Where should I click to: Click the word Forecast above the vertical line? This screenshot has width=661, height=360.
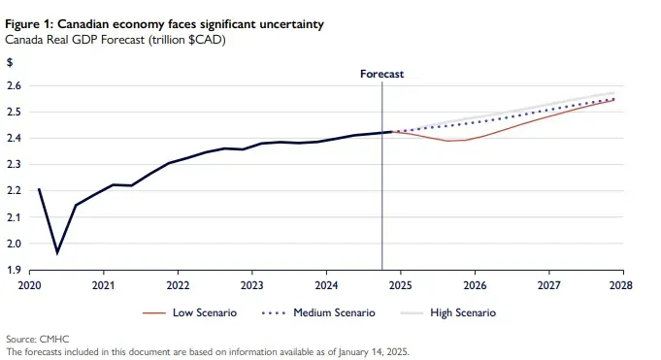pyautogui.click(x=381, y=74)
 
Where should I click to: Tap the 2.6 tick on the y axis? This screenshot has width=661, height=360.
pyautogui.click(x=14, y=85)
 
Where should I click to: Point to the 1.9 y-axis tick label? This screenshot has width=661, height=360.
pyautogui.click(x=14, y=270)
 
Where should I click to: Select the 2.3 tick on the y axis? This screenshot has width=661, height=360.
pyautogui.click(x=14, y=164)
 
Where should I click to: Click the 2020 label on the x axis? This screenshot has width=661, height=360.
pyautogui.click(x=29, y=285)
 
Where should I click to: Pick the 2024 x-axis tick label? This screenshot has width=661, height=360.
pyautogui.click(x=326, y=285)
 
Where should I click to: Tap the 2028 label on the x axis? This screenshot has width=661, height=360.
pyautogui.click(x=621, y=285)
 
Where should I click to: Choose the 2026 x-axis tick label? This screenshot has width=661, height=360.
pyautogui.click(x=475, y=285)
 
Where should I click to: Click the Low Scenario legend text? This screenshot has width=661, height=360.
pyautogui.click(x=205, y=312)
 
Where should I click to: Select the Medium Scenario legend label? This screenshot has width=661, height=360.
pyautogui.click(x=334, y=312)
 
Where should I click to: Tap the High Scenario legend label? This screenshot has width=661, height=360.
pyautogui.click(x=463, y=312)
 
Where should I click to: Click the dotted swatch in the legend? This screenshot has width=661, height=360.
pyautogui.click(x=274, y=313)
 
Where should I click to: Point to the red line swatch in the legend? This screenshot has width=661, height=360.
pyautogui.click(x=154, y=313)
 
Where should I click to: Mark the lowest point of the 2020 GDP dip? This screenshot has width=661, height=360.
pyautogui.click(x=57, y=253)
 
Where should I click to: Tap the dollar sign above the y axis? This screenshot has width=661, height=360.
pyautogui.click(x=10, y=62)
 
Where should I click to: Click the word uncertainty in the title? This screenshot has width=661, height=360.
pyautogui.click(x=291, y=24)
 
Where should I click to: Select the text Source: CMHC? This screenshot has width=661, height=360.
pyautogui.click(x=38, y=339)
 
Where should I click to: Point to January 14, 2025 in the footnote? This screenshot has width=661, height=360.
pyautogui.click(x=374, y=351)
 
